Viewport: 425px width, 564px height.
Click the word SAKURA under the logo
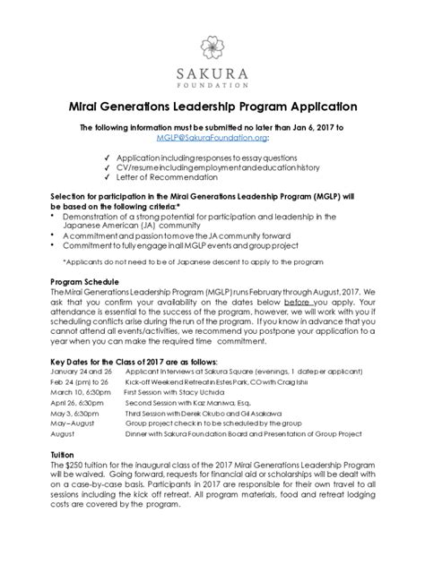coord(212,76)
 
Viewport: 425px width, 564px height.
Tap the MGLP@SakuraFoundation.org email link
coord(212,139)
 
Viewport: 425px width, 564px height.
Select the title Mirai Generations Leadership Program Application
coord(212,106)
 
